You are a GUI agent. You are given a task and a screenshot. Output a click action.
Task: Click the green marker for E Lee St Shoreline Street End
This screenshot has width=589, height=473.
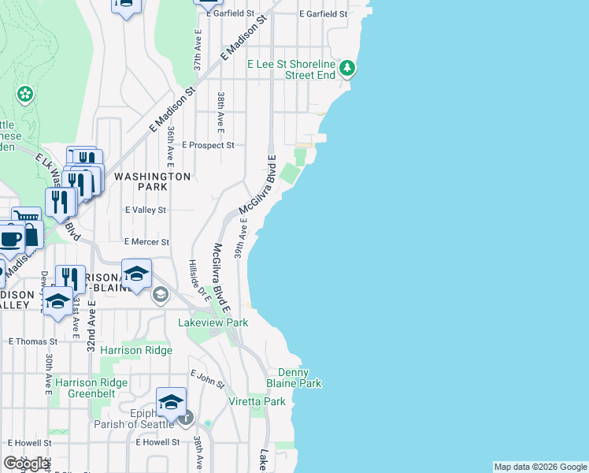pyautogui.click(x=348, y=69)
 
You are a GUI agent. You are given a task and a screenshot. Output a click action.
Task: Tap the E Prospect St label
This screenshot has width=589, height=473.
pyautogui.click(x=208, y=145)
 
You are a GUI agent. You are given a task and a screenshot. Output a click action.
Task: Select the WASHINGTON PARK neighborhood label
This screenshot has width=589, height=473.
pyautogui.click(x=152, y=181)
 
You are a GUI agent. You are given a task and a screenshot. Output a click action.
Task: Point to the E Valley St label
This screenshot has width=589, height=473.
pyautogui.click(x=146, y=210)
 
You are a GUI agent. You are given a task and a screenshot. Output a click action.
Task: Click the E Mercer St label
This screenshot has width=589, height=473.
pyautogui.click(x=147, y=242)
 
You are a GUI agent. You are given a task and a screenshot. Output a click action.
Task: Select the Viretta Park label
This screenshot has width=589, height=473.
pyautogui.click(x=264, y=401)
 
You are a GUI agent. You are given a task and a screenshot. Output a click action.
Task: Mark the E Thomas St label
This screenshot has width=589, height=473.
pyautogui.click(x=33, y=341)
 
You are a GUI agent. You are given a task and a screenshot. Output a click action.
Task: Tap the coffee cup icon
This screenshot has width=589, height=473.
pyautogui.click(x=10, y=238)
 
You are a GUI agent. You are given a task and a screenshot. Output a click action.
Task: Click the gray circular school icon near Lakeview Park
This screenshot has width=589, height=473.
pyautogui.click(x=161, y=295)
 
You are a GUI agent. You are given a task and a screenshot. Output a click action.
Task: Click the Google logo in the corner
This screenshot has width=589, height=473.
pyautogui.click(x=26, y=464)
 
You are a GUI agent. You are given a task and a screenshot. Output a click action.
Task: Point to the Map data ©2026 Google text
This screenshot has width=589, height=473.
pyautogui.click(x=540, y=467)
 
